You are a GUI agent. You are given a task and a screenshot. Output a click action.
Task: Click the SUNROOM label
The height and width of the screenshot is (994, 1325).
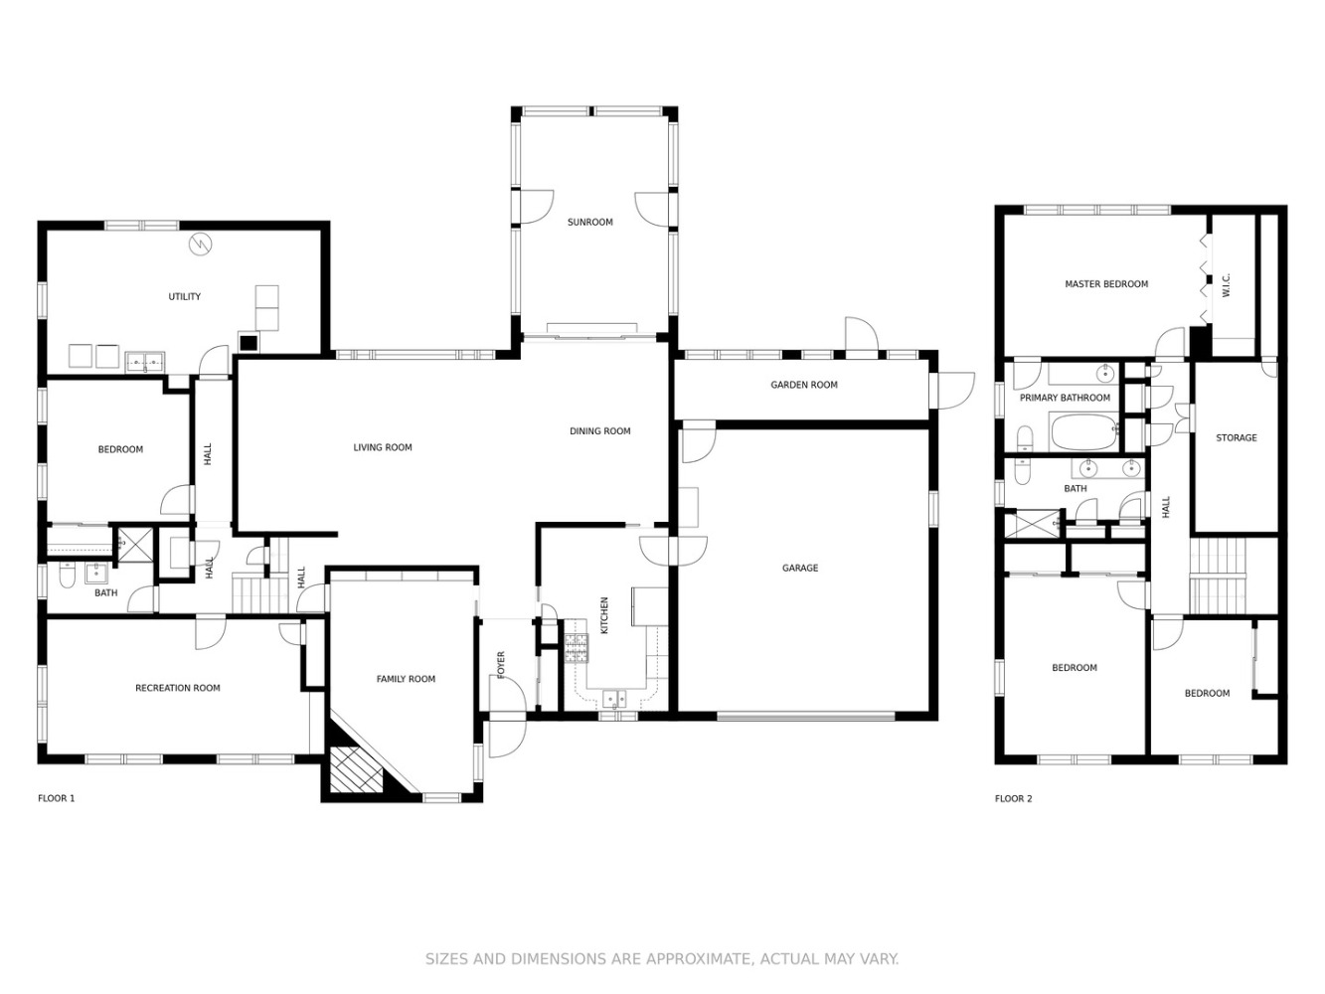[589, 222]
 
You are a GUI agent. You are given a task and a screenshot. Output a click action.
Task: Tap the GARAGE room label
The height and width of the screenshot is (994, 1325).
[800, 568]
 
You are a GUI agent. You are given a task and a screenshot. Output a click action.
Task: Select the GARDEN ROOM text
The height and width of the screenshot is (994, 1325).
[804, 385]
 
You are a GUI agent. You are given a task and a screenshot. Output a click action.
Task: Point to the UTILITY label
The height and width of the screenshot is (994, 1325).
[184, 296]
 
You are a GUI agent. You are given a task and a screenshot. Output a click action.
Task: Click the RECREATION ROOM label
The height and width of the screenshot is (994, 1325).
[178, 688]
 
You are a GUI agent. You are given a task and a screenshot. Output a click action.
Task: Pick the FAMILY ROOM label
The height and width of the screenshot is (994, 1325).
[406, 679]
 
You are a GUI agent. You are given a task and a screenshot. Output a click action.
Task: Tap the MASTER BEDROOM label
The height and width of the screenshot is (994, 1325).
[1106, 283]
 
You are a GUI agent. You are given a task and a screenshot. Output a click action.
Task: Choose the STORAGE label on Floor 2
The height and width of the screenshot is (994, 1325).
[1237, 437]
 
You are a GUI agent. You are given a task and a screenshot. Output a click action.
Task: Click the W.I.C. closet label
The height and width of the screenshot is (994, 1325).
[1226, 285]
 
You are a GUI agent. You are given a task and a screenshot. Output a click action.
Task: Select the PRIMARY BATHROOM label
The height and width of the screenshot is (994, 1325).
[1065, 398]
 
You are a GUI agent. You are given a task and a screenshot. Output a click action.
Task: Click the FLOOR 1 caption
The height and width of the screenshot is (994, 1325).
[56, 798]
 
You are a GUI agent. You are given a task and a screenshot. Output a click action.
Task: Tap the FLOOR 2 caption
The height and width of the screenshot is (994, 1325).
[1014, 798]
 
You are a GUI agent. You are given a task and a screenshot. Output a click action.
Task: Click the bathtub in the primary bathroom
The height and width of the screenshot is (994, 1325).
[1083, 431]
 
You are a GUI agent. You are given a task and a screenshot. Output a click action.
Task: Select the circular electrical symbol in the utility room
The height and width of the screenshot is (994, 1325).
[201, 244]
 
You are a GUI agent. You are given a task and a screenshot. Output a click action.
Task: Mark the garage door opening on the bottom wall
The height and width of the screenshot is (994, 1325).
[806, 717]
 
